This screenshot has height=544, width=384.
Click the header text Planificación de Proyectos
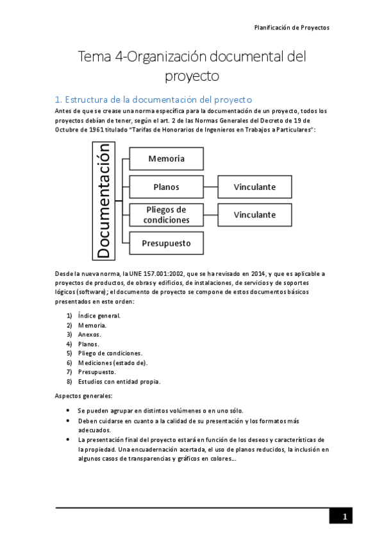click(x=291, y=28)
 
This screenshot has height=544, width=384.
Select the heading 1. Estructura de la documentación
click(x=153, y=99)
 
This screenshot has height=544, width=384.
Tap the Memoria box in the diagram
click(x=167, y=158)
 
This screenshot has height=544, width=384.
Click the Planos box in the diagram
click(x=167, y=187)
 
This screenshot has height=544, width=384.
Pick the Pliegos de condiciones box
click(x=167, y=215)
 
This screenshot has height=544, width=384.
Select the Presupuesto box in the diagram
click(x=167, y=243)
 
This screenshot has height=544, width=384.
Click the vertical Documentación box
click(x=104, y=201)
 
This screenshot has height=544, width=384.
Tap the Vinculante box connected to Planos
click(x=255, y=187)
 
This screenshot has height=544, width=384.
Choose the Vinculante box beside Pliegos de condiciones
click(x=255, y=215)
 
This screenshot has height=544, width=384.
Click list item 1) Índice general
click(x=99, y=316)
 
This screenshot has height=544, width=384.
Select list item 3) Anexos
click(x=89, y=334)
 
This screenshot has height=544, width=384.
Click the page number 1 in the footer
click(x=344, y=516)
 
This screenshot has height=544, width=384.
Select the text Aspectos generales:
click(x=84, y=396)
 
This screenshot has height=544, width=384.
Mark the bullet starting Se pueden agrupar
click(x=160, y=411)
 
